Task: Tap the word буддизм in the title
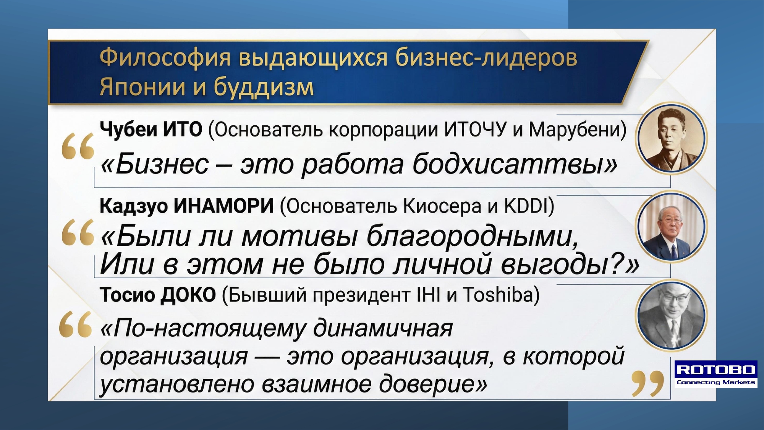[x=264, y=87]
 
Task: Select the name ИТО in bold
[x=183, y=129]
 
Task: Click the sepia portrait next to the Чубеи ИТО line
[x=671, y=138]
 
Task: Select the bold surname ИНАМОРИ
[x=224, y=206]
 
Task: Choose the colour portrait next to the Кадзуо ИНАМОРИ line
[x=671, y=226]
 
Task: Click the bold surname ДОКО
[x=188, y=295]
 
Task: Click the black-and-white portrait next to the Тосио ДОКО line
[x=671, y=316]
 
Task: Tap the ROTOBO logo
[x=716, y=374]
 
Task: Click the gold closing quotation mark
[x=647, y=383]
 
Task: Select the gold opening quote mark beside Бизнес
[x=78, y=146]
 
